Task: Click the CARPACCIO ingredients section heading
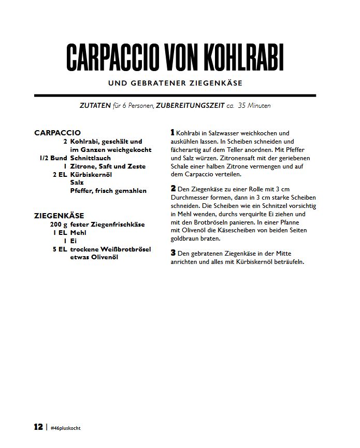click(57, 133)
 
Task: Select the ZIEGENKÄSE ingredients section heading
click(59, 215)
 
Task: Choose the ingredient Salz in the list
click(77, 183)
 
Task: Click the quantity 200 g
click(59, 225)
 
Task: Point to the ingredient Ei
click(73, 241)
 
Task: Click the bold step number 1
click(172, 133)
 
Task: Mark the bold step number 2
click(173, 187)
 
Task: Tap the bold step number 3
click(173, 253)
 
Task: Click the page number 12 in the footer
click(38, 427)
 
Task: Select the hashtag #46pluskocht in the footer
click(66, 428)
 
